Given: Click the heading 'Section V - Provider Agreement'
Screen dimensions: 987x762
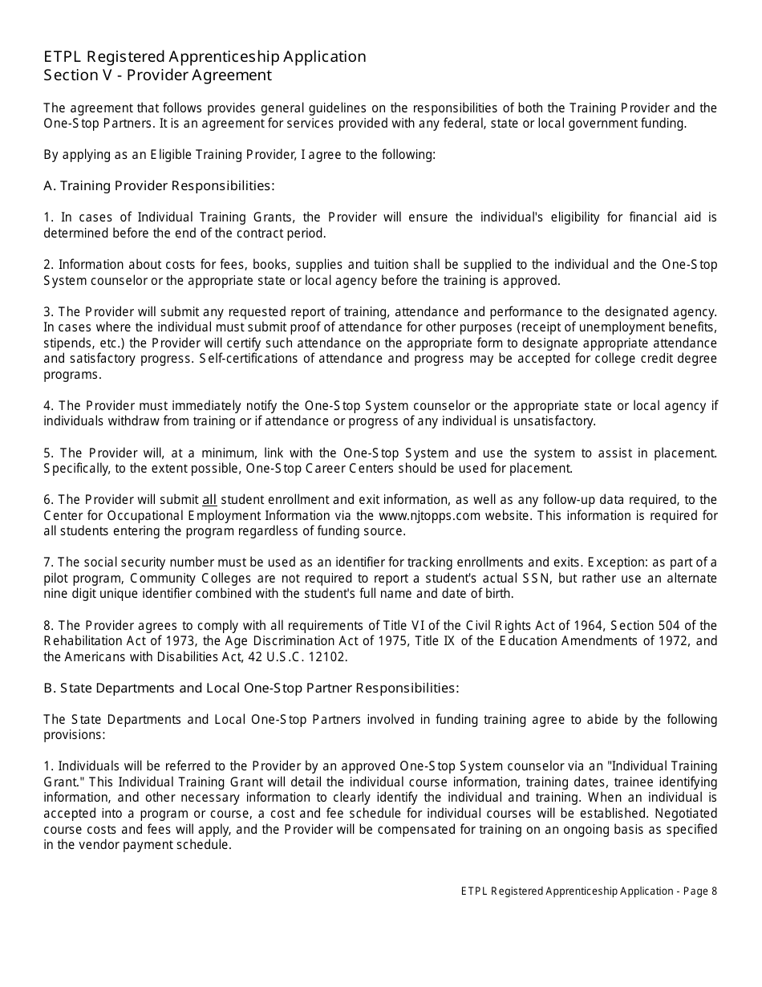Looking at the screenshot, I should pyautogui.click(x=157, y=75).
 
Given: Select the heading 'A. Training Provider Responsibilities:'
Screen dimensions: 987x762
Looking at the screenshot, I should pyautogui.click(x=159, y=185).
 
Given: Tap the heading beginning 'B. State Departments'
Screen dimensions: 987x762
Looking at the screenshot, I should pyautogui.click(x=251, y=688).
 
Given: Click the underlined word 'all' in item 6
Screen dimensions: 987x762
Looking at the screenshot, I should pyautogui.click(x=209, y=500).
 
